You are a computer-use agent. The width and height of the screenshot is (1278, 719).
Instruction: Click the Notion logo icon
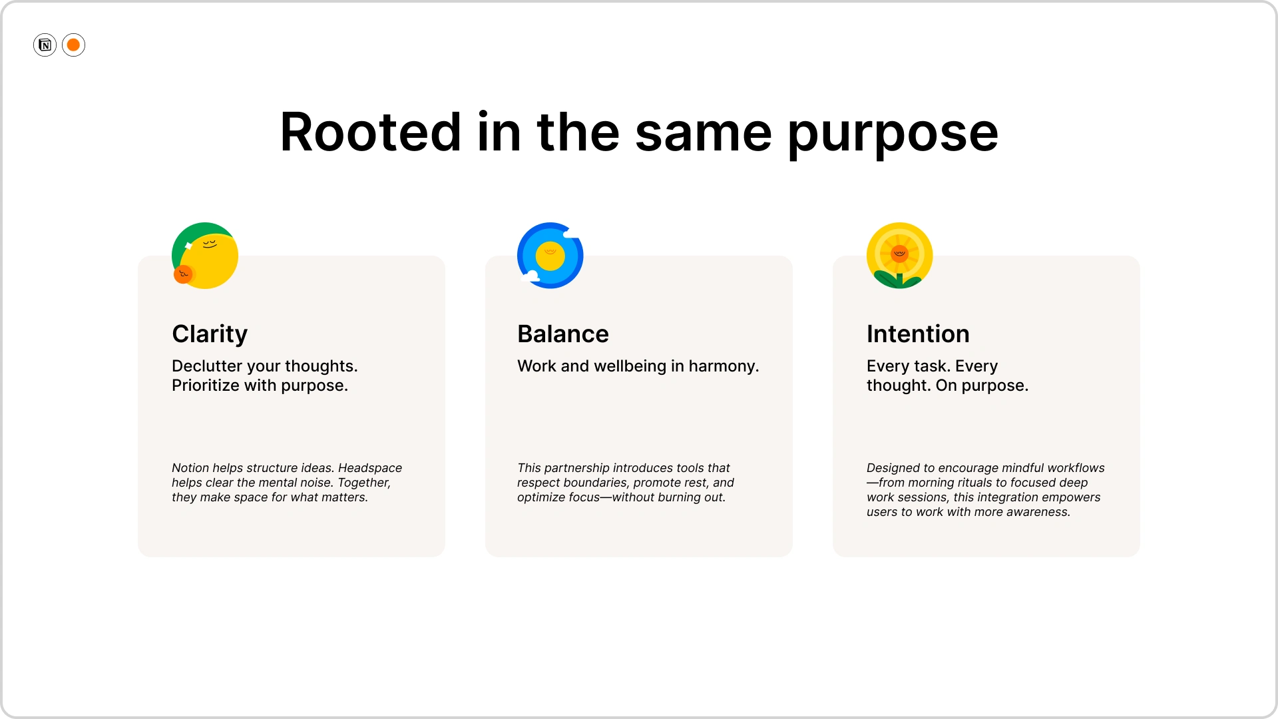(45, 45)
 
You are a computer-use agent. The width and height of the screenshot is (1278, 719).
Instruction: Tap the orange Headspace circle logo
(73, 45)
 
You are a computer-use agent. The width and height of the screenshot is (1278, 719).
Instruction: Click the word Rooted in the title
(370, 132)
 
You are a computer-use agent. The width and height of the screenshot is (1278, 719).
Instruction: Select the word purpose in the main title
(893, 136)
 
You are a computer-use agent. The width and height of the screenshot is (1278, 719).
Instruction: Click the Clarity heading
(210, 334)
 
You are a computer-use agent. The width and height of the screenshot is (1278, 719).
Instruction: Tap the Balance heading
(563, 334)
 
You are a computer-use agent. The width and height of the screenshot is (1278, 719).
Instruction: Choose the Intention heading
(918, 334)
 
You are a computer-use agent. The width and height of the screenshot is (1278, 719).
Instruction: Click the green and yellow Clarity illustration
(205, 256)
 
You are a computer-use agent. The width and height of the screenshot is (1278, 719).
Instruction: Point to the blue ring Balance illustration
(550, 256)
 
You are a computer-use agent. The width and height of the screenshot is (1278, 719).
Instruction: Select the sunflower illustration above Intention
(899, 256)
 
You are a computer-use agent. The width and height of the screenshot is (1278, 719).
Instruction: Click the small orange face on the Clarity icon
(183, 274)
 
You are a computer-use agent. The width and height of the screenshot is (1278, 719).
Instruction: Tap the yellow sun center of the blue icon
(550, 256)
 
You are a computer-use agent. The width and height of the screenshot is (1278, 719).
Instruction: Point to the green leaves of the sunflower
(899, 279)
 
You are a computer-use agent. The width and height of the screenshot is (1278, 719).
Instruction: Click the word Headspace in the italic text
(370, 469)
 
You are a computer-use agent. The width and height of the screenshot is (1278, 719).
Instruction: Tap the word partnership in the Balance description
(578, 469)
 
